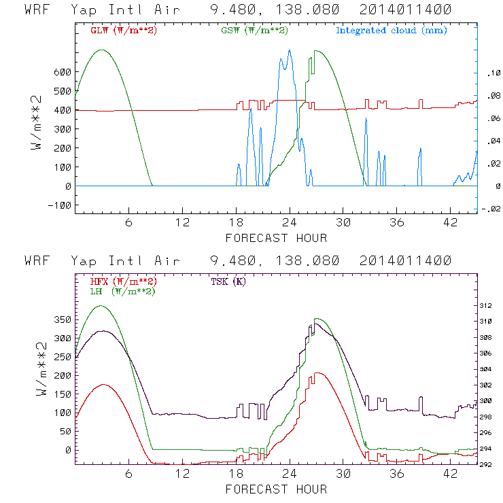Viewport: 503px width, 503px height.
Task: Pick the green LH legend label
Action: [123, 291]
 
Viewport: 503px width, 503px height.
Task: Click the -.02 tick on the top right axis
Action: [489, 209]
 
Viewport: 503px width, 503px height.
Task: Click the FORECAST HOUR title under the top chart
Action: [276, 238]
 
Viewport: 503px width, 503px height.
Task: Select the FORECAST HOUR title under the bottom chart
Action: [276, 489]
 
